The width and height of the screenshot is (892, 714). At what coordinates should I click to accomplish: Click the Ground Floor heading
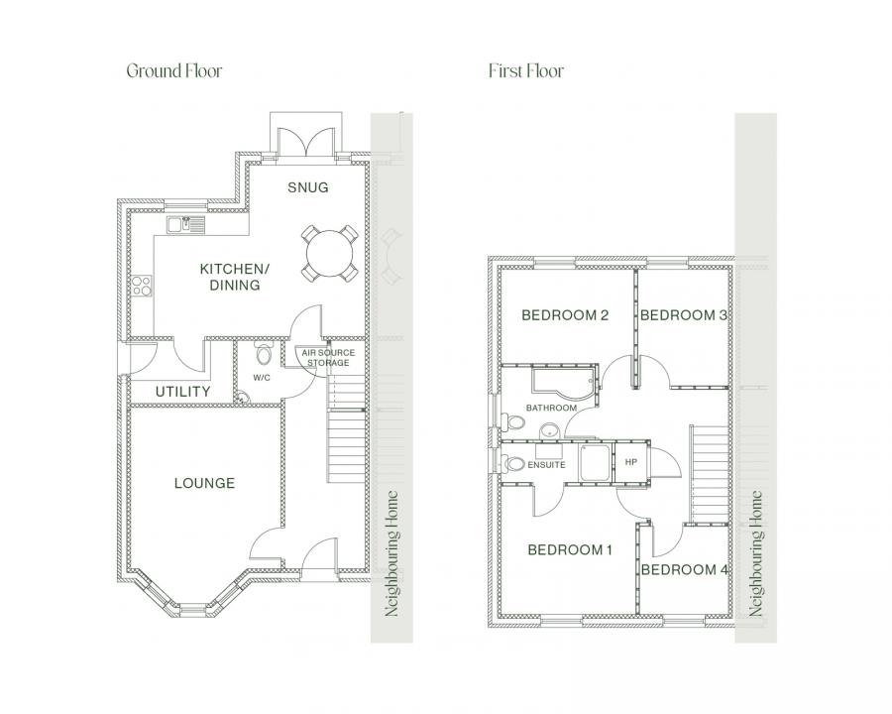click(x=173, y=70)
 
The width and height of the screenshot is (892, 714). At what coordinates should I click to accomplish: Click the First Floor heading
click(x=525, y=70)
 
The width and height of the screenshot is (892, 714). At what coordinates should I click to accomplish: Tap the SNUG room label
click(x=307, y=187)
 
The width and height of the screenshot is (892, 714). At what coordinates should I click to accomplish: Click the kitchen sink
click(x=185, y=224)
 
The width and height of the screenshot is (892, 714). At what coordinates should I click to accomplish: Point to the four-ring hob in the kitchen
click(x=142, y=287)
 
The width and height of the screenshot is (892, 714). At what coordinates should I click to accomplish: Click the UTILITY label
click(x=182, y=392)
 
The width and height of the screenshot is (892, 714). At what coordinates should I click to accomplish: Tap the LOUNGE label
click(x=204, y=483)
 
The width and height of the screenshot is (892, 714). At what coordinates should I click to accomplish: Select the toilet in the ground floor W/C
click(x=264, y=355)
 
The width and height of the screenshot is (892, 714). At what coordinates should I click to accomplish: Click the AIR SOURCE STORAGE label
click(x=327, y=357)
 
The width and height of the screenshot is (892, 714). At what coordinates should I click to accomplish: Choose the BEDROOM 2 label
click(x=564, y=315)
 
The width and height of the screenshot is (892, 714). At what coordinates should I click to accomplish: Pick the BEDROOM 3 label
click(x=684, y=315)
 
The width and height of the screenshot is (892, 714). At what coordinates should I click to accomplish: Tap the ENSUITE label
click(x=546, y=464)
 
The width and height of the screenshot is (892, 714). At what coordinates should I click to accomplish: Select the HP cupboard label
click(x=630, y=463)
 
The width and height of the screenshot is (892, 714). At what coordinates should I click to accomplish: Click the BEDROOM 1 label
click(x=570, y=549)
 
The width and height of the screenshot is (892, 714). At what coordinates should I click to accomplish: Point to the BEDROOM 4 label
click(x=685, y=569)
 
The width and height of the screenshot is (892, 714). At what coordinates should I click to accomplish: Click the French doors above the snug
click(x=307, y=142)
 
